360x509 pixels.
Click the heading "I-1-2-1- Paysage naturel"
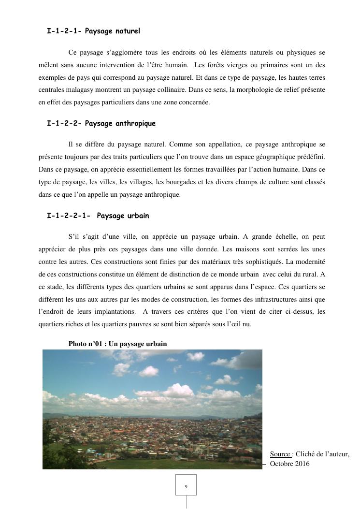[93, 31]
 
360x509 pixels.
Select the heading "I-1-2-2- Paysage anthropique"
[101, 123]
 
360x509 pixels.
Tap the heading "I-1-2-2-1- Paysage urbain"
[98, 216]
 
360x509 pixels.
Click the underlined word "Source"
[280, 454]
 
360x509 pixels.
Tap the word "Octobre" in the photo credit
[281, 464]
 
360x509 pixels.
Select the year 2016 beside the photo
[302, 464]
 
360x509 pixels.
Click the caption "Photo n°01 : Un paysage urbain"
[117, 344]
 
